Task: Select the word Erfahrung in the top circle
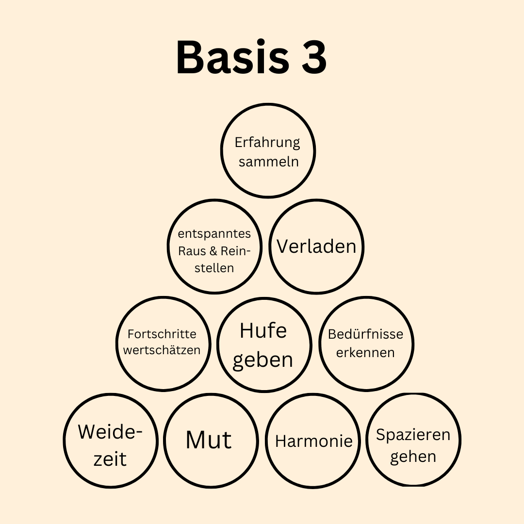click(x=267, y=143)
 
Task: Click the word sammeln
click(x=268, y=162)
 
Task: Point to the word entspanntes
click(x=214, y=233)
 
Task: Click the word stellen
click(x=214, y=268)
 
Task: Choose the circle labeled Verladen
click(x=316, y=246)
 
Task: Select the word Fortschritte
click(x=162, y=334)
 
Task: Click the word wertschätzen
click(x=162, y=350)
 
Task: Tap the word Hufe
click(x=263, y=331)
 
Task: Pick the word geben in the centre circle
click(x=263, y=360)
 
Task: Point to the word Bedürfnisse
click(x=365, y=334)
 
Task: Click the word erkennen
click(x=365, y=352)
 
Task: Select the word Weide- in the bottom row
click(x=111, y=431)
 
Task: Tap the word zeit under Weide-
click(x=110, y=459)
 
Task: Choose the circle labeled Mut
click(x=209, y=440)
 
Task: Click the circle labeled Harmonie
click(x=313, y=441)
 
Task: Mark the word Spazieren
click(x=413, y=435)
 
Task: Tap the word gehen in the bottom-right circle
click(x=413, y=457)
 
